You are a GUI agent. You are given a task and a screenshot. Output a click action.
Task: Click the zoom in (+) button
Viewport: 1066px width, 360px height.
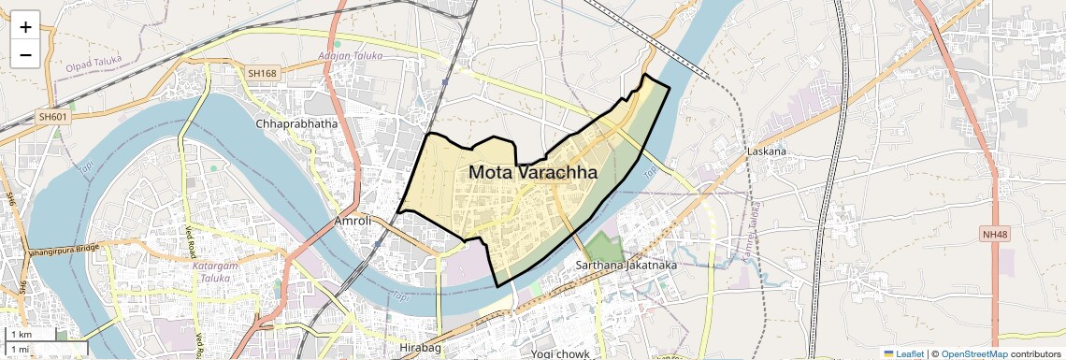25,27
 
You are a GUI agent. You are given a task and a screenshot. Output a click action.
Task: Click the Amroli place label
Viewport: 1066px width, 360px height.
353,222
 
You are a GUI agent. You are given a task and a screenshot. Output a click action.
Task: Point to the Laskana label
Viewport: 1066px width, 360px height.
766,151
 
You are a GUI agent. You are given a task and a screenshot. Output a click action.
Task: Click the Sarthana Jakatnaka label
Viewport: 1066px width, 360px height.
626,266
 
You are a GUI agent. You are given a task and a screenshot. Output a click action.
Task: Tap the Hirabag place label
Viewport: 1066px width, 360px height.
419,348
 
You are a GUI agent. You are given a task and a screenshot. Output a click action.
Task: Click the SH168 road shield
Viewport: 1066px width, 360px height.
263,72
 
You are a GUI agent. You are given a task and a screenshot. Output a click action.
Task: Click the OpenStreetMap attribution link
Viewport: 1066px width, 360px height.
974,353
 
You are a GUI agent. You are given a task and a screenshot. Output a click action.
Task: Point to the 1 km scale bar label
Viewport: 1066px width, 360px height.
21,335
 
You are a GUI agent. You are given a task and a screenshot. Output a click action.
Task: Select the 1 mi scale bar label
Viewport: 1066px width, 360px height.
20,350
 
